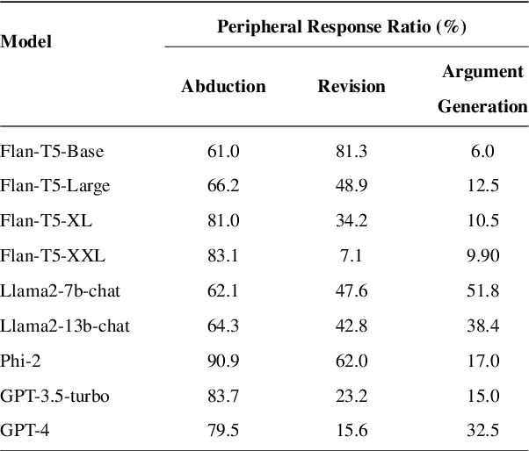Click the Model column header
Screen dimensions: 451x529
coord(25,42)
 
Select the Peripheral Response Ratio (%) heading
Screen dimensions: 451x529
coord(342,27)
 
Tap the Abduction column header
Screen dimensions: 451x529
coord(223,86)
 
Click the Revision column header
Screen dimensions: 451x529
coord(351,86)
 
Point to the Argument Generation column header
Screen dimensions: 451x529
coord(482,88)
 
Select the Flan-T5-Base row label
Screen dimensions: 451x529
coord(52,151)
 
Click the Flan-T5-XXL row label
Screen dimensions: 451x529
coord(53,256)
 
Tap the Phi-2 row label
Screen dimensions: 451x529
coord(19,361)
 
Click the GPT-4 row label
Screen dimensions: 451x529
coord(24,431)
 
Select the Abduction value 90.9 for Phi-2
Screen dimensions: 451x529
coord(223,361)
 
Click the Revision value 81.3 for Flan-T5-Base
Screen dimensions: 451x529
coord(351,151)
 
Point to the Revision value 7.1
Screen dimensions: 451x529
coord(351,256)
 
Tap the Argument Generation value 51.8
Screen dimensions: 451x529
coord(482,291)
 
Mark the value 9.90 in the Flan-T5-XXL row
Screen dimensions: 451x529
coord(482,256)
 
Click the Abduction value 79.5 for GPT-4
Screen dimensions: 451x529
coord(223,431)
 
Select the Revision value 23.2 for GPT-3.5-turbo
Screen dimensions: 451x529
coord(351,396)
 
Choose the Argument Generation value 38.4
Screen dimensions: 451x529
coord(482,326)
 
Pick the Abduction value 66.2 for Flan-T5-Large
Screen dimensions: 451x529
coord(223,186)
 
